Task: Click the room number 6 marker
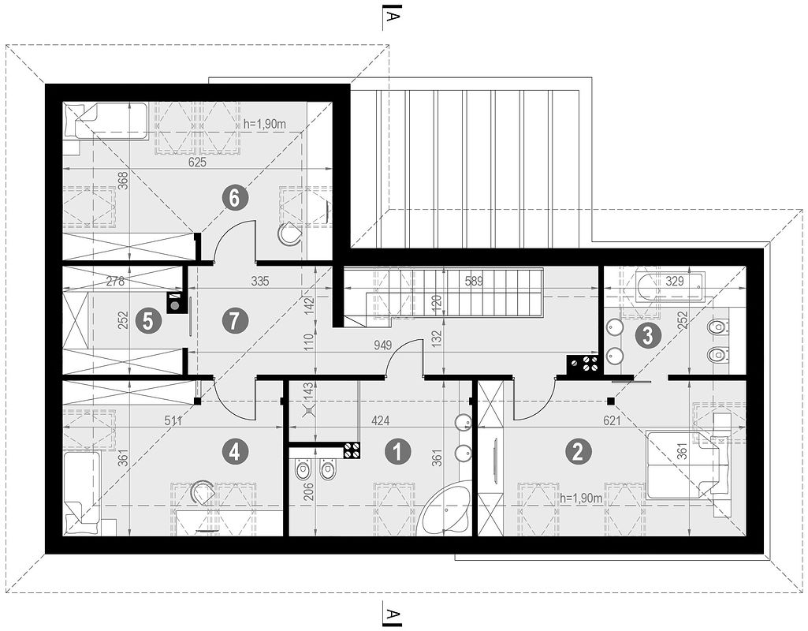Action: tap(234, 198)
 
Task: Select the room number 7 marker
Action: tap(235, 319)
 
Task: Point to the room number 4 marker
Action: tap(234, 451)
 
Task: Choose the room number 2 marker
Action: tap(578, 451)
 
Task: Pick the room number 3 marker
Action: tap(647, 335)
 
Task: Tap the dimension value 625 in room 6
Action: tap(197, 162)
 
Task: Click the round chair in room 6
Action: tap(290, 233)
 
